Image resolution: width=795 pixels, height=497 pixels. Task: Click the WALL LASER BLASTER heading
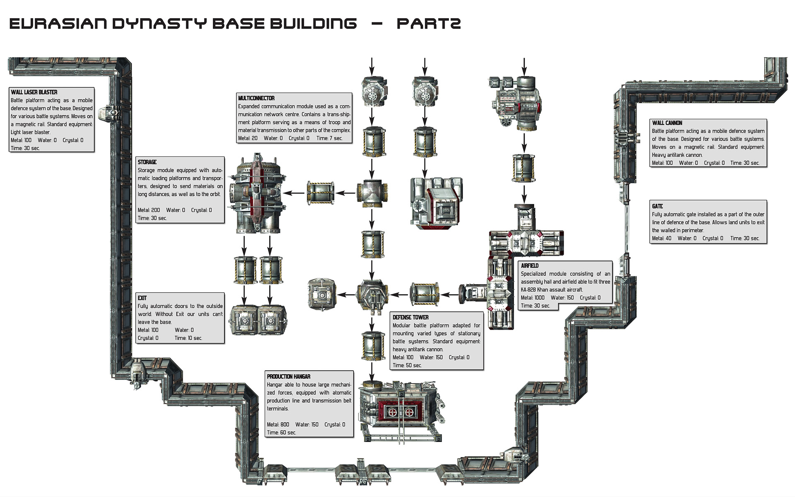[34, 92]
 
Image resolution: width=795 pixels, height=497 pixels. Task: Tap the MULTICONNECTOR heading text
[256, 98]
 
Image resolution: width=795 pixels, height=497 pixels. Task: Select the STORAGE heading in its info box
[147, 162]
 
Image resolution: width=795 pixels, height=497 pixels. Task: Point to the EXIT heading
[142, 298]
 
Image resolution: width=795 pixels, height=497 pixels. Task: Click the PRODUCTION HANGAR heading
[288, 376]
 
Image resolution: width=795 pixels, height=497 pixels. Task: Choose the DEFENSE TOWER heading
[410, 317]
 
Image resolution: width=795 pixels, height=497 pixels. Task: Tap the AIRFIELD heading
[529, 265]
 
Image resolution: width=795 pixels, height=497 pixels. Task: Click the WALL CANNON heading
[667, 123]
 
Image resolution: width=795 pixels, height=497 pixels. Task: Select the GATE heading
[657, 206]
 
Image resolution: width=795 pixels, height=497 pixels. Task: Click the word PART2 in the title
[428, 24]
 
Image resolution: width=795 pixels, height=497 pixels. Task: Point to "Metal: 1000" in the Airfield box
[532, 298]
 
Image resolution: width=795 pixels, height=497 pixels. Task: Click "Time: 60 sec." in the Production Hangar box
[281, 432]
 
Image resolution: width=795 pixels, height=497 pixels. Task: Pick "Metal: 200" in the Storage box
[149, 210]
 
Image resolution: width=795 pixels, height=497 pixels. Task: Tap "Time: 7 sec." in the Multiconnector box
[329, 138]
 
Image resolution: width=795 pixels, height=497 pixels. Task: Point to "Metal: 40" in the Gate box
[661, 238]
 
